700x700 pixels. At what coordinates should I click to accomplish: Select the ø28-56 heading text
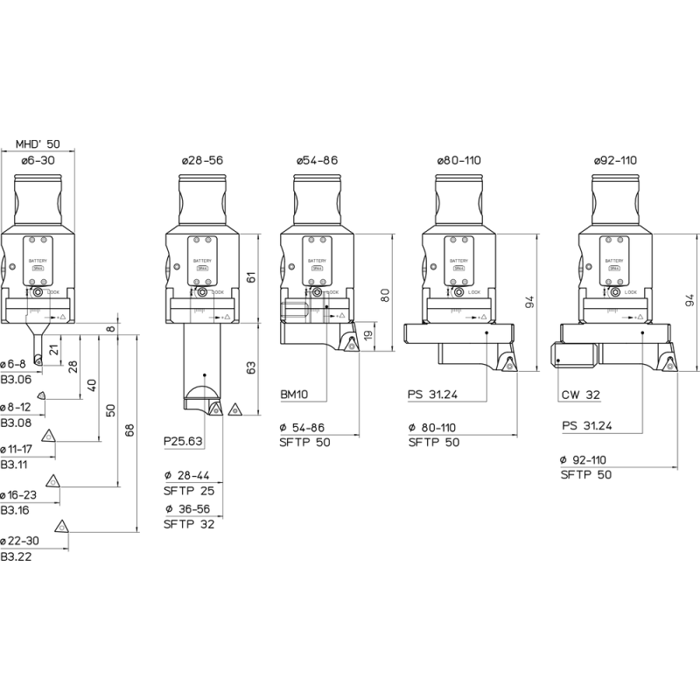pos(202,161)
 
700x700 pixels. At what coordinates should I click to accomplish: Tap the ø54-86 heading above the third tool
pos(316,161)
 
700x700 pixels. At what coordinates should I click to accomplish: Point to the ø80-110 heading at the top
pos(459,161)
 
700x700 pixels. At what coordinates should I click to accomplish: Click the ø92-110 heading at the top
pos(615,161)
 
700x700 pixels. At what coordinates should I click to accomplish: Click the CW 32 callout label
pos(579,395)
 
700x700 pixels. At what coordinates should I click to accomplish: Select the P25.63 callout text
pos(183,442)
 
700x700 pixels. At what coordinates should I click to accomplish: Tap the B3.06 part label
pos(16,379)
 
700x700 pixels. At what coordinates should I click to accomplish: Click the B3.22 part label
pos(16,556)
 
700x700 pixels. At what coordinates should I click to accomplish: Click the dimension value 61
pos(251,277)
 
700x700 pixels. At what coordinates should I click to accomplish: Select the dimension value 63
pos(251,367)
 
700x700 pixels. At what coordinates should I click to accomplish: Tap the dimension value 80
pos(385,294)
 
